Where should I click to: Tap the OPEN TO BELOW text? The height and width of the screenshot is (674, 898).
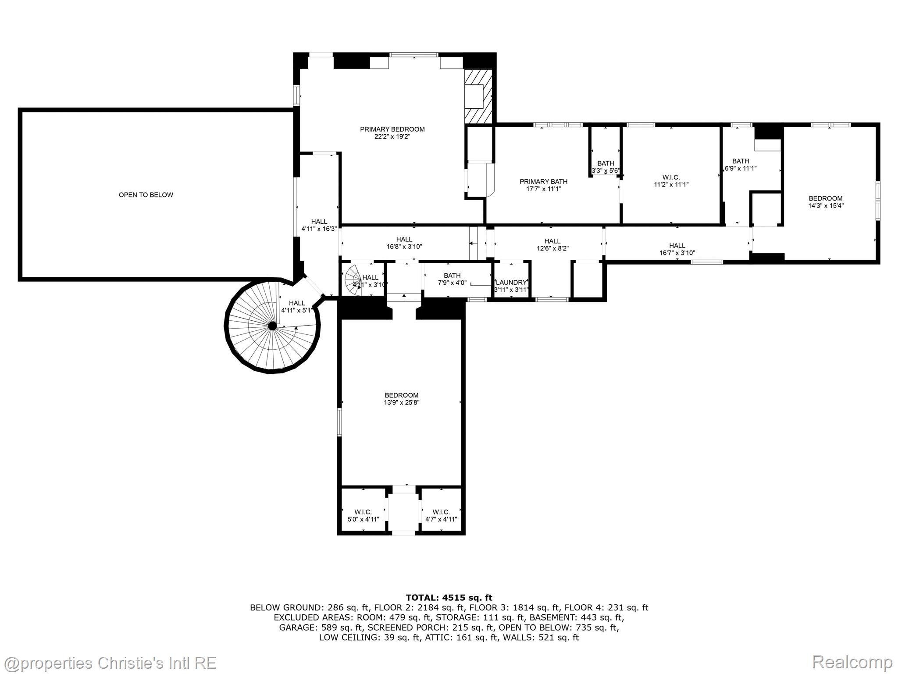146,195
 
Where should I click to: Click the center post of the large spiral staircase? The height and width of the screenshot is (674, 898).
272,326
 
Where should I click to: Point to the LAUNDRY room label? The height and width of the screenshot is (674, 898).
511,283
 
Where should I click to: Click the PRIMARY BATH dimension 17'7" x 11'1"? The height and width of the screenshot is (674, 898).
543,189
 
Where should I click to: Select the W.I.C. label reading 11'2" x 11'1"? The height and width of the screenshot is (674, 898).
671,181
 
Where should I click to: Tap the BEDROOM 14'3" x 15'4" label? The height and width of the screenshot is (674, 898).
825,202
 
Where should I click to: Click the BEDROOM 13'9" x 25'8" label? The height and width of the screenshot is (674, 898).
401,398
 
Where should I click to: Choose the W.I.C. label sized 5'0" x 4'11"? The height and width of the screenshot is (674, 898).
363,516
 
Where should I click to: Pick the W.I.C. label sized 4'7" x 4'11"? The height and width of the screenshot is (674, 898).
441,516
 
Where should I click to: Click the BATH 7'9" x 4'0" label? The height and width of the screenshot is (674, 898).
452,279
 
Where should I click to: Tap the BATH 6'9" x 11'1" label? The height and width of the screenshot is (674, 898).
740,165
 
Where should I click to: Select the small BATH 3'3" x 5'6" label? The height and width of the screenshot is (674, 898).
606,167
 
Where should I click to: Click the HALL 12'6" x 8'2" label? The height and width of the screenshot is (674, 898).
552,244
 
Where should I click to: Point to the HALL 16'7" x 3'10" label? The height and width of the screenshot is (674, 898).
677,249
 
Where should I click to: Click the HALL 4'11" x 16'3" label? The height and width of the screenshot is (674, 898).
319,225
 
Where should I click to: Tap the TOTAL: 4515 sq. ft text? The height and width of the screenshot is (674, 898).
449,597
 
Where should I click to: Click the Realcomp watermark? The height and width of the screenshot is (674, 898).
852,662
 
